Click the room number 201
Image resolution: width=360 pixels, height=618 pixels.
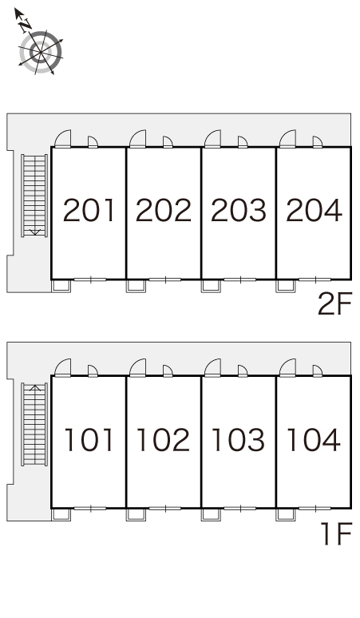tap(89, 210)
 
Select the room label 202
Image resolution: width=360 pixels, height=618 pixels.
tap(164, 210)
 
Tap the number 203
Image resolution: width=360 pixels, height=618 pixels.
tap(239, 210)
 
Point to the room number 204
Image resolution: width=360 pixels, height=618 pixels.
tap(314, 210)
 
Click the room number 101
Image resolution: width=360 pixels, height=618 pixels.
tap(89, 439)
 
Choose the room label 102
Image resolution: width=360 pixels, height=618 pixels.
tap(164, 439)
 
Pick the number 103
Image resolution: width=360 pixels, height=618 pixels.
tap(239, 439)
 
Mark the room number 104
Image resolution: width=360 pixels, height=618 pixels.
tap(314, 439)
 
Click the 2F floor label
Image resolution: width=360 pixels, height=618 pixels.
tap(334, 304)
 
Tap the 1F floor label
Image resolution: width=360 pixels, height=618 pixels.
tap(336, 533)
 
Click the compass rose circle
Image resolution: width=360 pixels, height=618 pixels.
tap(41, 52)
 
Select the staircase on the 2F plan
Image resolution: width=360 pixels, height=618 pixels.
tap(34, 196)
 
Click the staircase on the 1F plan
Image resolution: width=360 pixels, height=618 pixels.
tap(34, 424)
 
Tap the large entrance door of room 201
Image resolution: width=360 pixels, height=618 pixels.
tap(62, 139)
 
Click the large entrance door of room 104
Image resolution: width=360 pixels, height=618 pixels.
tap(287, 368)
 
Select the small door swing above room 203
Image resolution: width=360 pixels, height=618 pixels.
tap(243, 142)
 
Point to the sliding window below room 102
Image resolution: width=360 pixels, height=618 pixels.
tap(165, 509)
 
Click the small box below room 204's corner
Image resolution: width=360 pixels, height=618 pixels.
tap(286, 286)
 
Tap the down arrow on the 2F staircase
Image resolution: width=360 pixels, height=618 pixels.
tap(35, 232)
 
